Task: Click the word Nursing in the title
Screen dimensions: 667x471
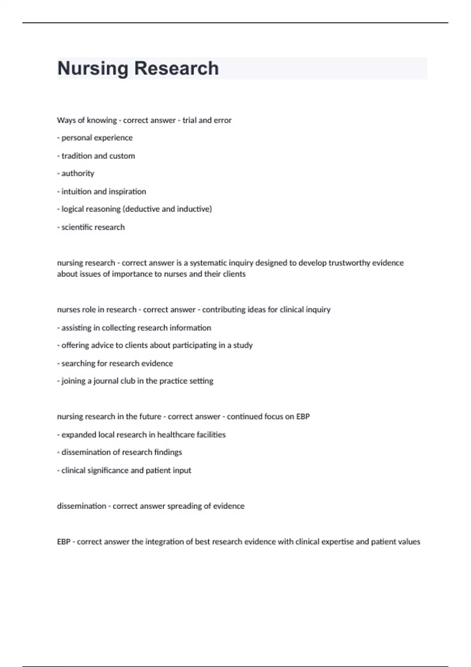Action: [x=93, y=68]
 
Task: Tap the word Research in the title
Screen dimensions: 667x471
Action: [x=177, y=68]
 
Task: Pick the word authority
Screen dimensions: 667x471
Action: [x=78, y=173]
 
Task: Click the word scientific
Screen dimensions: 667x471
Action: [x=77, y=227]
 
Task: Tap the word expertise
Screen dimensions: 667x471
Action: [x=337, y=542]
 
